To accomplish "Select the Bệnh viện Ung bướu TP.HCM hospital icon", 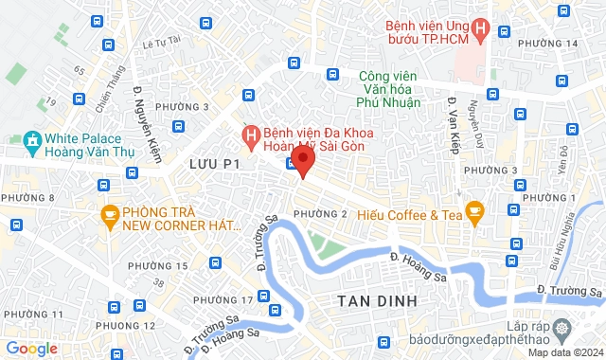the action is tap(480, 30).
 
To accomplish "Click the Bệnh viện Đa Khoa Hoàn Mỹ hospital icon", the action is tap(251, 138).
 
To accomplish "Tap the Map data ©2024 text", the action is tap(563, 353).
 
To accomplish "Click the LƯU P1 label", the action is tap(210, 165).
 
